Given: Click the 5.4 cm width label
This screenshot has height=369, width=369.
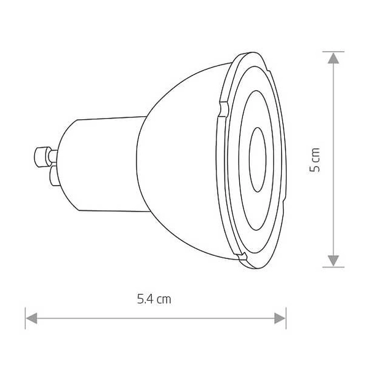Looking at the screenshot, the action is click(x=154, y=299).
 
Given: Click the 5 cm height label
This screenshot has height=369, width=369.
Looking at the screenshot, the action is click(x=315, y=160).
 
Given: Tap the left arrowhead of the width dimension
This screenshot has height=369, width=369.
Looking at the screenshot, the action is click(x=31, y=318).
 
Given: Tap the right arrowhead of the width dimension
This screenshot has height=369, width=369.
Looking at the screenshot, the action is click(x=280, y=318).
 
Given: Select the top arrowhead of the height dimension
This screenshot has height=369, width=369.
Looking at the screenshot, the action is click(x=333, y=58).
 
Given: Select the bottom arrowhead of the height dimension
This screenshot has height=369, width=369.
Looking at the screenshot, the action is click(x=333, y=261).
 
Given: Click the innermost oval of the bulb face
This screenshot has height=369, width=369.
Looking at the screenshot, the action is click(x=258, y=160).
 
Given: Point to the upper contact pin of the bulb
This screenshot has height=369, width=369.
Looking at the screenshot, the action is click(x=45, y=156).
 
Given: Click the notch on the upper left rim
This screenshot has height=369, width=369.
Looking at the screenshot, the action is click(x=224, y=109).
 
